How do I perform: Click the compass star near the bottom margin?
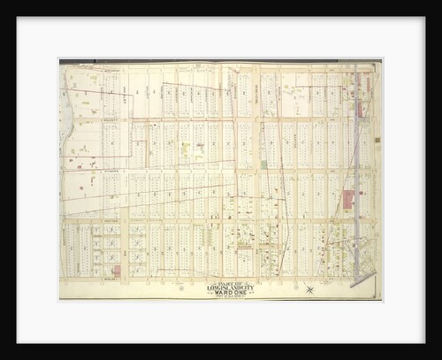[309, 288]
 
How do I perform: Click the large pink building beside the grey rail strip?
[347, 199]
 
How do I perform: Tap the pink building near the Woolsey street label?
[117, 270]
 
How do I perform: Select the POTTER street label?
[110, 220]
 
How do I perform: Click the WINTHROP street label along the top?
[110, 68]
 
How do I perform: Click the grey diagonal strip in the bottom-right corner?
[362, 280]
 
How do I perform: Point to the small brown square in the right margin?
[377, 140]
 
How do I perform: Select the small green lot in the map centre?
[263, 164]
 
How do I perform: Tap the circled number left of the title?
[182, 288]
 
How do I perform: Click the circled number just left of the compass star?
[285, 288]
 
